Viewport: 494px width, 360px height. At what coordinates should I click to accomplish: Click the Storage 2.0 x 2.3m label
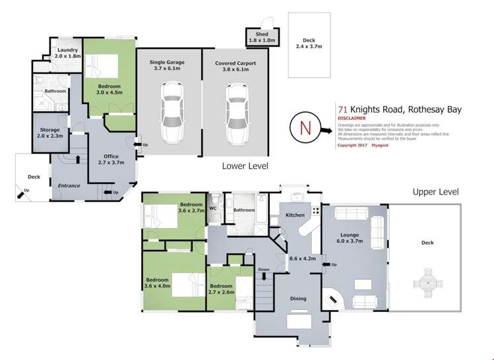pyautogui.click(x=50, y=133)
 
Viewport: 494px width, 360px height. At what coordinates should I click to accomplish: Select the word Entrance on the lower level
pyautogui.click(x=69, y=186)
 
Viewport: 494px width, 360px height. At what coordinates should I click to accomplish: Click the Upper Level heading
pyautogui.click(x=435, y=192)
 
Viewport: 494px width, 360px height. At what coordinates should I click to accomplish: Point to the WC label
pyautogui.click(x=212, y=209)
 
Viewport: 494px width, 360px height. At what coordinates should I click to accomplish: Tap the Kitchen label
pyautogui.click(x=295, y=216)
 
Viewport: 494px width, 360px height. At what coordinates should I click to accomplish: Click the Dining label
pyautogui.click(x=298, y=299)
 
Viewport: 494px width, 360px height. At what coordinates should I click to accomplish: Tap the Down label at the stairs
pyautogui.click(x=264, y=270)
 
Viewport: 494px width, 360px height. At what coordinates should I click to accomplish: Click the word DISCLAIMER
pyautogui.click(x=352, y=119)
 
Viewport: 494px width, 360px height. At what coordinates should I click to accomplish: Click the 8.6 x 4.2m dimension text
pyautogui.click(x=303, y=259)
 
